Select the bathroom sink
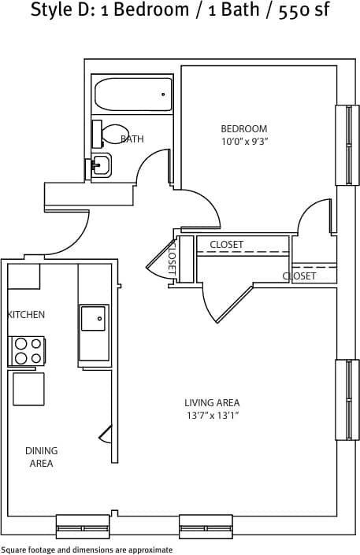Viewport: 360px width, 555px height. tap(101, 165)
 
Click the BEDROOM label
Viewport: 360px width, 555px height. tap(243, 129)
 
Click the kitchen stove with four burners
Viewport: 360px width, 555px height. tap(28, 350)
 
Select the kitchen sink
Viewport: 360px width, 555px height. tap(92, 319)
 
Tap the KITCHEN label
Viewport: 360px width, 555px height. tap(26, 315)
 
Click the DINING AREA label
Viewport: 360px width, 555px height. tap(41, 457)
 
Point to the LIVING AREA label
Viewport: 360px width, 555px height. tap(212, 403)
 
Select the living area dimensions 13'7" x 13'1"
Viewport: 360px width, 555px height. tap(212, 416)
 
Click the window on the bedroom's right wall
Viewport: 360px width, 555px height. tap(347, 145)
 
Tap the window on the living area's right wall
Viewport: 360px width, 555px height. tap(347, 400)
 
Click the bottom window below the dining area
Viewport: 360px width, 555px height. tap(83, 526)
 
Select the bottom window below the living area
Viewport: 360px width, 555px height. tap(206, 526)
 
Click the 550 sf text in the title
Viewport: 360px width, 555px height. tap(299, 11)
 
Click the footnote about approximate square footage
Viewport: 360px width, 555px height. tap(87, 549)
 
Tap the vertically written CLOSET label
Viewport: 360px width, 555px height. tap(172, 257)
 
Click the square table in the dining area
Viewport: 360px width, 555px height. tap(28, 389)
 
